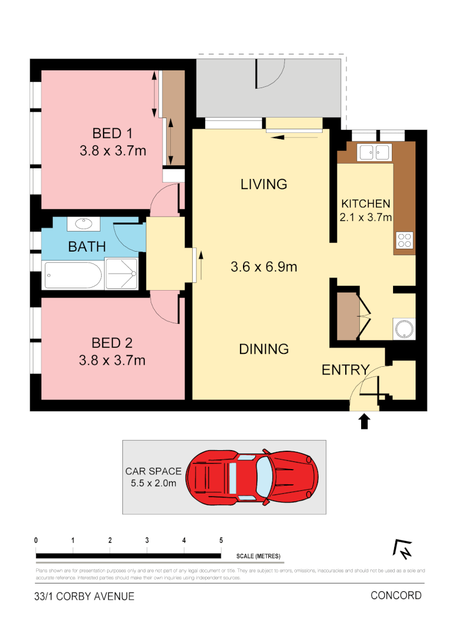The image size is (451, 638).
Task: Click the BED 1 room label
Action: point(112,132)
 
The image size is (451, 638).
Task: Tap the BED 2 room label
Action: point(112,343)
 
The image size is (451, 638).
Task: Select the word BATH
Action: point(87,246)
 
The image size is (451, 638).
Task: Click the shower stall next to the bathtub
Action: point(121,274)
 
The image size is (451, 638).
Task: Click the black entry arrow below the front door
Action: point(365,421)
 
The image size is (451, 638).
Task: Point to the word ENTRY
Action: point(345,370)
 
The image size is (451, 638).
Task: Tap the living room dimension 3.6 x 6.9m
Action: point(264,267)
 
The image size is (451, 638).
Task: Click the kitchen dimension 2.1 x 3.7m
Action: point(366,217)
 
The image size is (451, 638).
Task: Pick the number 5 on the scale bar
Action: point(221,541)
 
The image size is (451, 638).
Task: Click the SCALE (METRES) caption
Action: point(258,556)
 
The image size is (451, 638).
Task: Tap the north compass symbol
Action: point(403,549)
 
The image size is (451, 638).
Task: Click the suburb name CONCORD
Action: point(396,595)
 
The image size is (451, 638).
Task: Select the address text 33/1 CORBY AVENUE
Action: point(85,596)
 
